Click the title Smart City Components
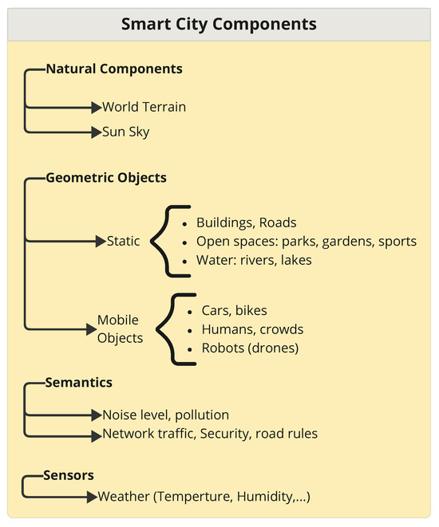click(x=219, y=24)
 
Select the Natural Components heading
click(x=114, y=69)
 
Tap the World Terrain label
click(x=144, y=106)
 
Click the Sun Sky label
click(x=125, y=132)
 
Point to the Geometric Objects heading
click(x=106, y=178)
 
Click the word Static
click(x=123, y=241)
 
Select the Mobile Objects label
click(x=120, y=328)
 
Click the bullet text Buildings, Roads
click(x=247, y=222)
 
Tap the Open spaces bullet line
click(x=307, y=241)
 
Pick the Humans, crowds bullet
click(x=252, y=328)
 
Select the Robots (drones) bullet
click(x=250, y=348)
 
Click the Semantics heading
click(x=79, y=383)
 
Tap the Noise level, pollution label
click(x=165, y=415)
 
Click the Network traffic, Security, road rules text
click(x=210, y=434)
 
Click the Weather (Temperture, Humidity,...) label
click(x=204, y=497)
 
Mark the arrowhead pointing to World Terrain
click(x=96, y=107)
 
